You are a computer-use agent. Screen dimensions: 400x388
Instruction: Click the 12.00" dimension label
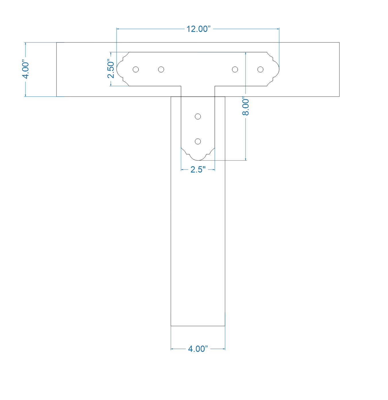pyautogui.click(x=198, y=29)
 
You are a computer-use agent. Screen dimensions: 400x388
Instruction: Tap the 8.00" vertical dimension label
pyautogui.click(x=246, y=106)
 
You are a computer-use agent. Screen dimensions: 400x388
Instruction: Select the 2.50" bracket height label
pyautogui.click(x=111, y=69)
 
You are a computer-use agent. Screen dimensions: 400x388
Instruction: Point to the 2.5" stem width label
pyautogui.click(x=198, y=170)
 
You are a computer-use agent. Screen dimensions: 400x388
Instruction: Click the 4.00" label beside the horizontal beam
pyautogui.click(x=26, y=70)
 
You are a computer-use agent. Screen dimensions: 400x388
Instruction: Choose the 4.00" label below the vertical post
pyautogui.click(x=198, y=349)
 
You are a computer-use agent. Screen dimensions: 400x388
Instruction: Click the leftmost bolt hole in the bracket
pyautogui.click(x=136, y=69)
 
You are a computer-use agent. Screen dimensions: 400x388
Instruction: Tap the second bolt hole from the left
pyautogui.click(x=161, y=69)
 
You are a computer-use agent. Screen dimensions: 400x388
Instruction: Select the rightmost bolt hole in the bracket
pyautogui.click(x=260, y=69)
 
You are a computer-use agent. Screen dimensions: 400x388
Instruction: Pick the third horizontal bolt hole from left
pyautogui.click(x=235, y=69)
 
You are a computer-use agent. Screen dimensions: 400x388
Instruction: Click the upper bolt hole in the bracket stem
pyautogui.click(x=198, y=116)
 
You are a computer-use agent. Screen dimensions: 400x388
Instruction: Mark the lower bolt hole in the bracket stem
pyautogui.click(x=198, y=141)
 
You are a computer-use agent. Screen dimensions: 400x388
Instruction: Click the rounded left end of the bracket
pyautogui.click(x=117, y=69)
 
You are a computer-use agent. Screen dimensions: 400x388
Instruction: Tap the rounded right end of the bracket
pyautogui.click(x=279, y=69)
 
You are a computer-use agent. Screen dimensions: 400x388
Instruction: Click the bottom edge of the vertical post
pyautogui.click(x=198, y=326)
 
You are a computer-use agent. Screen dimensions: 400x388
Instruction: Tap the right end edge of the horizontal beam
pyautogui.click(x=339, y=69)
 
